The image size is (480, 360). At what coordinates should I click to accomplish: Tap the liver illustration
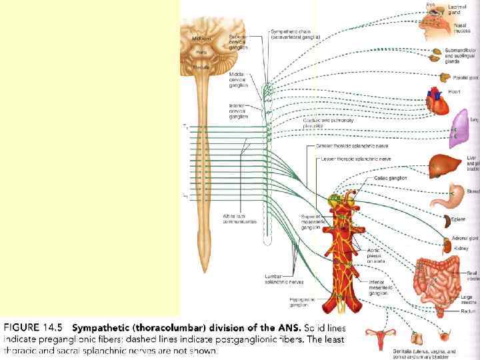coord(443,163)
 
